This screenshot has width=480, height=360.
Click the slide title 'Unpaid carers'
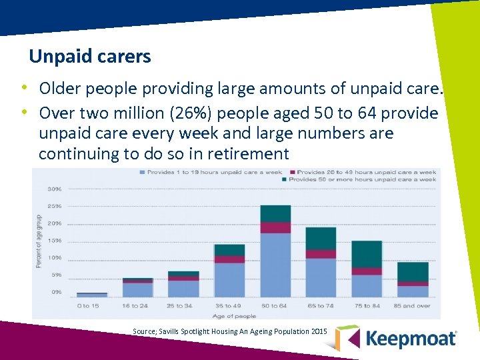[90, 57]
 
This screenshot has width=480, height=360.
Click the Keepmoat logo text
[411, 339]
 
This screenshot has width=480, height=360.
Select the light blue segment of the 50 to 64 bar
[275, 265]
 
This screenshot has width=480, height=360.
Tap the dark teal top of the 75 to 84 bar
[367, 254]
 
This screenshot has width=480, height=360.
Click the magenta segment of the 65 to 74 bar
[321, 254]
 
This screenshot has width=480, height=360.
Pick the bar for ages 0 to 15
[92, 294]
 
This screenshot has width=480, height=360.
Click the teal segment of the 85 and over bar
[413, 272]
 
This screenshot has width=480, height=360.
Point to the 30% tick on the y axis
[55, 189]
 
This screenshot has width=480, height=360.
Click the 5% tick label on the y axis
[56, 275]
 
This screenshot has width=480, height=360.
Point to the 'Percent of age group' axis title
[38, 241]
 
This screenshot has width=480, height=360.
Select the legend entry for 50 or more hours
[360, 179]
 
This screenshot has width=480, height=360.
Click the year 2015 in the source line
[319, 331]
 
